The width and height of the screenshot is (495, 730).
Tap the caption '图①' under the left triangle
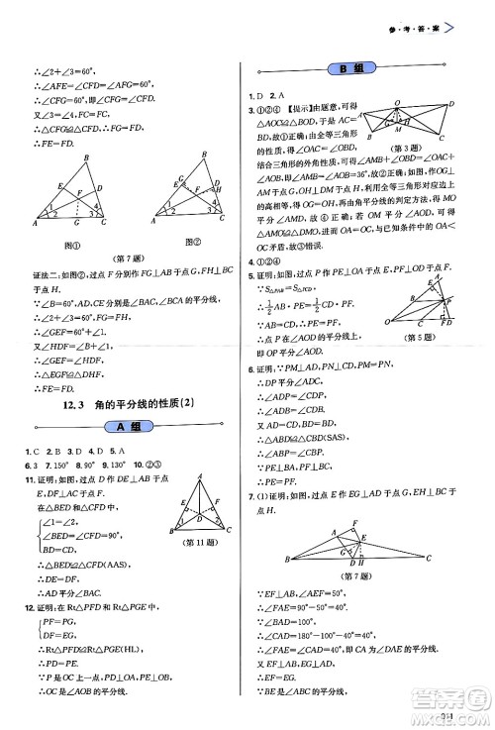tap(70, 242)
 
